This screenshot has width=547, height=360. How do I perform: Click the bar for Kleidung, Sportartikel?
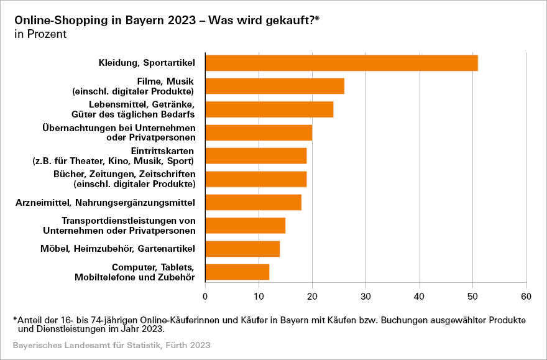[x=341, y=63]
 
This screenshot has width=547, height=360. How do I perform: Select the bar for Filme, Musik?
[x=274, y=86]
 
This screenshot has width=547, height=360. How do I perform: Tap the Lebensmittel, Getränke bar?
[x=269, y=109]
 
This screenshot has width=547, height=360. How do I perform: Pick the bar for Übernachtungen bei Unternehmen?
[x=259, y=132]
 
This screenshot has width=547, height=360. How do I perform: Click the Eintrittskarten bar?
[x=255, y=155]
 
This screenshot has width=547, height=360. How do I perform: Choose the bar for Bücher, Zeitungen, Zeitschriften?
[x=255, y=179]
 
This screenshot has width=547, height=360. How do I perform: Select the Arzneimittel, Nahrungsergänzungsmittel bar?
[x=253, y=202]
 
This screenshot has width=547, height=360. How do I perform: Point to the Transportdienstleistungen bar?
[x=245, y=226]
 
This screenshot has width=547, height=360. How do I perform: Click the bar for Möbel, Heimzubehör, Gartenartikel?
[x=242, y=249]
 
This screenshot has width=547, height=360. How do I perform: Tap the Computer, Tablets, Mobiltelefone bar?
[x=237, y=272]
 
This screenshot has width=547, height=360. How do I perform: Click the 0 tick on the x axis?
[x=205, y=295]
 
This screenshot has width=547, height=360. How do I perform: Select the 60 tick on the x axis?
[x=526, y=295]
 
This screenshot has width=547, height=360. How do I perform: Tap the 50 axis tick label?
[x=472, y=295]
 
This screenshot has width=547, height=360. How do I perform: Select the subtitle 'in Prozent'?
[x=40, y=34]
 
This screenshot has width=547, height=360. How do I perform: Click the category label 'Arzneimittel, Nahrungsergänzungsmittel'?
[x=105, y=203]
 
